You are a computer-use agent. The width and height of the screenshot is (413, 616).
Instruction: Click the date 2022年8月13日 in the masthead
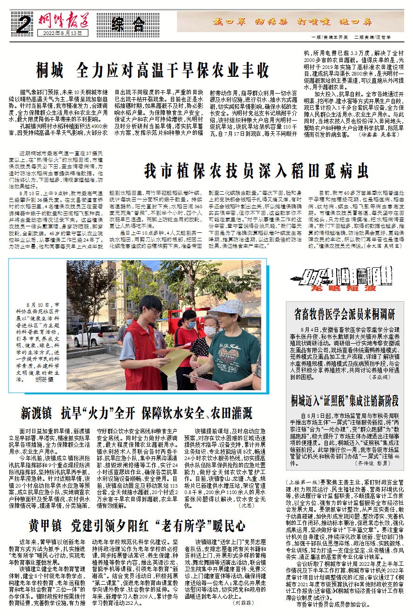click(x=59, y=33)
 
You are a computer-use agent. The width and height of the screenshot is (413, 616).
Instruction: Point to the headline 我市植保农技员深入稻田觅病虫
click(x=255, y=171)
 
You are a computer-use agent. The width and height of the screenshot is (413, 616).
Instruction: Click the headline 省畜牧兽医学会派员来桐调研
click(x=345, y=313)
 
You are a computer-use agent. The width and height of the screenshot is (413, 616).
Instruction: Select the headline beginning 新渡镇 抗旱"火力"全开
click(x=136, y=413)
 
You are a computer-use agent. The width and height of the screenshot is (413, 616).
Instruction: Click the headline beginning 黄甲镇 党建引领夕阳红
click(x=135, y=526)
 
